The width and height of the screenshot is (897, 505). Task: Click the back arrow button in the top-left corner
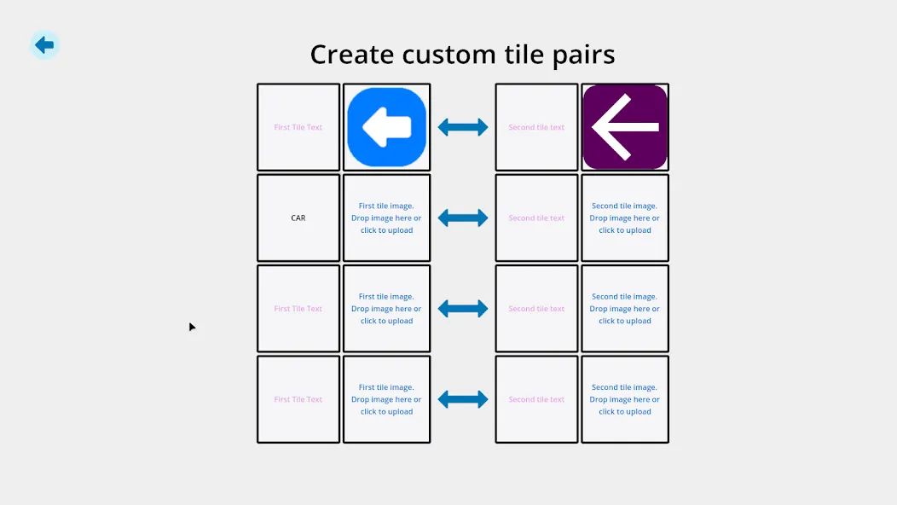(x=44, y=44)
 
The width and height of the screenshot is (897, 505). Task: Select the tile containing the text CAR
(x=298, y=218)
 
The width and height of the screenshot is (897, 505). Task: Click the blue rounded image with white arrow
(x=387, y=127)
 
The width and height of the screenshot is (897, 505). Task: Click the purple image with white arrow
(x=625, y=127)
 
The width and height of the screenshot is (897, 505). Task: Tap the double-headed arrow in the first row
(x=463, y=127)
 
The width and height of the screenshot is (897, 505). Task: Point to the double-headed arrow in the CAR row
(x=463, y=218)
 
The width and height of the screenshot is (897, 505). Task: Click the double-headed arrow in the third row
(x=463, y=309)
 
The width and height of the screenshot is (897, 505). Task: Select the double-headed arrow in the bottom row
(x=463, y=399)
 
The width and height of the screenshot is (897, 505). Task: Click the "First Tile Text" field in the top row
(x=298, y=127)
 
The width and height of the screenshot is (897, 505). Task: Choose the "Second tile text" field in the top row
(x=536, y=127)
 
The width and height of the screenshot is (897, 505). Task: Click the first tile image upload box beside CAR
(x=387, y=218)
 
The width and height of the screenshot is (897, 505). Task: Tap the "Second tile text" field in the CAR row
(x=536, y=218)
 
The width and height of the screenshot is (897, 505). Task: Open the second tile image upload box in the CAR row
(x=625, y=218)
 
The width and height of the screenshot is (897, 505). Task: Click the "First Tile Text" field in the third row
(x=298, y=309)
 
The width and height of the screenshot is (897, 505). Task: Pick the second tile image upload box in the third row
(x=625, y=309)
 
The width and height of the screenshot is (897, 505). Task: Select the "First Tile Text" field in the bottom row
(x=298, y=399)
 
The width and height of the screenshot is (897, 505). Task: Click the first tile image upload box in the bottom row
(x=387, y=399)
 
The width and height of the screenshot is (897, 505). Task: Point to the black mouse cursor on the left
(x=192, y=327)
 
